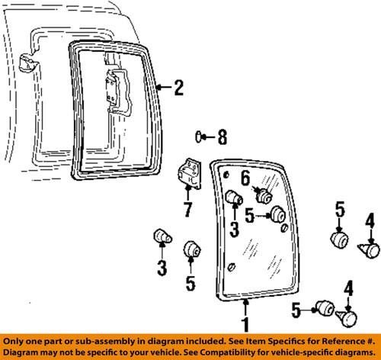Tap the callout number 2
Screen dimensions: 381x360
coord(179,88)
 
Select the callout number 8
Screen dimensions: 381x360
coord(223,137)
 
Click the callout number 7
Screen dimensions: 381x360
coord(188,210)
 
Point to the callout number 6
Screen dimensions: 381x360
coord(245,178)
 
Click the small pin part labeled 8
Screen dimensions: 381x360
coord(199,137)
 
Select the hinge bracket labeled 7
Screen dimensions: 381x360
coord(190,174)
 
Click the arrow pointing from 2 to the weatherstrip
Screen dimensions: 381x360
coord(165,88)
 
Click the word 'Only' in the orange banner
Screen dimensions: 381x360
coord(12,342)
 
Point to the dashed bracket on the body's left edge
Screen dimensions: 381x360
coord(29,63)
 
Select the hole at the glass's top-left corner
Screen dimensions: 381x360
coord(226,175)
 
